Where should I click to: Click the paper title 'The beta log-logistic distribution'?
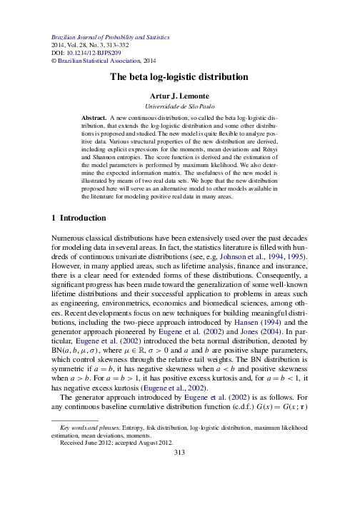pyautogui.click(x=179, y=77)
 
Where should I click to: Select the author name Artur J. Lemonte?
pyautogui.click(x=179, y=95)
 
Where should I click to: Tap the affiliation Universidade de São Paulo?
pyautogui.click(x=179, y=105)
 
